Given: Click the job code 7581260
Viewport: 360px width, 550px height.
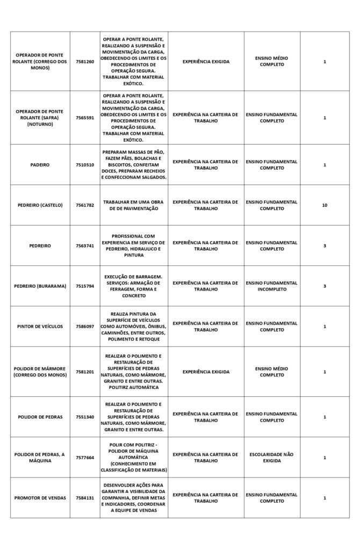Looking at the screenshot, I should [84, 62].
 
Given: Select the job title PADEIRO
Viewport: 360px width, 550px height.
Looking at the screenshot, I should [40, 165].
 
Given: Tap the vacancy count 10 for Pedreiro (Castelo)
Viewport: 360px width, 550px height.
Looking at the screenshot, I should [325, 205].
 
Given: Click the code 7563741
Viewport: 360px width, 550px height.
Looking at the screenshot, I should [84, 246].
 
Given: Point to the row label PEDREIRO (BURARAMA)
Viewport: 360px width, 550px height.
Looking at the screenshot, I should [40, 286].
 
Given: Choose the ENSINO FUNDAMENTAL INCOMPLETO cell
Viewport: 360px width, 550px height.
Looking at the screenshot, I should [271, 286].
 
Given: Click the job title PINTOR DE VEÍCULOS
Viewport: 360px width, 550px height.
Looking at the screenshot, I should [40, 327].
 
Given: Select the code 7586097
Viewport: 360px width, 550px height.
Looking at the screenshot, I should [84, 327].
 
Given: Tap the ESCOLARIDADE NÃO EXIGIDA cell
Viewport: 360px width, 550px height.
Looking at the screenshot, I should [271, 458].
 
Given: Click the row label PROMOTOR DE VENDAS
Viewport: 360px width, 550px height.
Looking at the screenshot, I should [40, 498].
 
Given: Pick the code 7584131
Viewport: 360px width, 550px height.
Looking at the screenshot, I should [84, 498].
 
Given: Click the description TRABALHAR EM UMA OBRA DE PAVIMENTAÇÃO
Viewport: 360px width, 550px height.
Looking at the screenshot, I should [133, 205].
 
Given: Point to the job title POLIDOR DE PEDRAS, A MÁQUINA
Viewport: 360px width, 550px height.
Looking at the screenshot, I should [40, 458].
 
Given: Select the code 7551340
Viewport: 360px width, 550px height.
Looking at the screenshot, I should [84, 417].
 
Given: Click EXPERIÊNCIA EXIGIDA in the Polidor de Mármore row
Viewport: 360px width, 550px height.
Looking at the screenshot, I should [206, 372].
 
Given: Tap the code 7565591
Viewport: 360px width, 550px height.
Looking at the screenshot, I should [84, 118].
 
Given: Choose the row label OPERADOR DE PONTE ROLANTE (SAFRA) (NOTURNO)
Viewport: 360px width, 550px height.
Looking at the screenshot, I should [40, 118].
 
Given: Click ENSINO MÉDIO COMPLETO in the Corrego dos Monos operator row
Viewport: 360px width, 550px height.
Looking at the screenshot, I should [271, 62].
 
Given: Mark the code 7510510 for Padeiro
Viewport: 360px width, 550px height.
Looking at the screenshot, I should [84, 165].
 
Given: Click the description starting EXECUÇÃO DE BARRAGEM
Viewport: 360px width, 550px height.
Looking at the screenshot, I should [133, 286].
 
